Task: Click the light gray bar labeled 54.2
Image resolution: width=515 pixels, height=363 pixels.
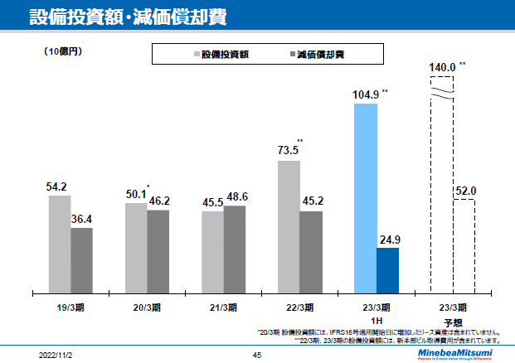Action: pos(60,244)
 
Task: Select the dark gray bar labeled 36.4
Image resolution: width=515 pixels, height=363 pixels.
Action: pos(81,259)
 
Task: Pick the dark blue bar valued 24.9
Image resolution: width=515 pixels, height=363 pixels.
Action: pos(387,270)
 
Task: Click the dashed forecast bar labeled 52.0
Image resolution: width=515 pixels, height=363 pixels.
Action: pos(464,246)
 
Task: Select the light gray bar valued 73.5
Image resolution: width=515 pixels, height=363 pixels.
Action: pos(289,226)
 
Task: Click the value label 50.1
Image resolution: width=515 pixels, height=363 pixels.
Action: pos(134,195)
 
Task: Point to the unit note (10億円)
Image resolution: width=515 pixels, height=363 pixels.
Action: pos(63,52)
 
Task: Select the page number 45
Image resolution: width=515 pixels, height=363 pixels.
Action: pos(257,355)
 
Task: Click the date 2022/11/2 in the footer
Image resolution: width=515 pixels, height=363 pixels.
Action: pos(56,355)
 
